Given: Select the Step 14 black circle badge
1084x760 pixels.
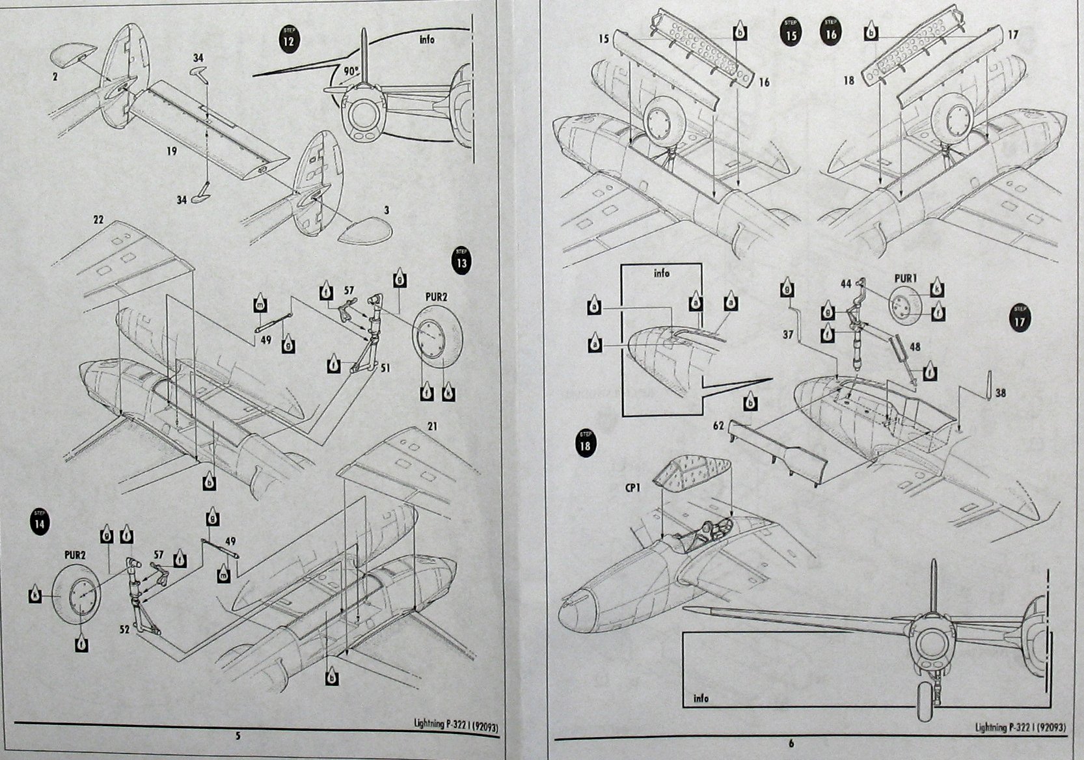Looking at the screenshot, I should click(41, 523).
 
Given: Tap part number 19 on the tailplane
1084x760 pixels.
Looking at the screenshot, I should click(171, 151).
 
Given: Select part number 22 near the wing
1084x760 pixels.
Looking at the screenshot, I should click(98, 220).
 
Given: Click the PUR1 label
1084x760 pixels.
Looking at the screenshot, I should click(905, 277).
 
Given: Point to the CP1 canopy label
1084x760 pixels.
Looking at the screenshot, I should click(632, 486).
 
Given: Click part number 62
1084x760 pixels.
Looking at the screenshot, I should click(718, 426).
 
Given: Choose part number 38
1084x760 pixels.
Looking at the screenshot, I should click(1001, 392).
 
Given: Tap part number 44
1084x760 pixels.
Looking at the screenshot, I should click(845, 284).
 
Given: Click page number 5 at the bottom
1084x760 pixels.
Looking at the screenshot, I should click(238, 736).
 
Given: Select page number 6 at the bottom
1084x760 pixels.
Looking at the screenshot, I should click(791, 743).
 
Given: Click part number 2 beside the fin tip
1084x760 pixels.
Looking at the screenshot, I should click(56, 76).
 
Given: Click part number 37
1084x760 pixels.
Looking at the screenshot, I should click(788, 334).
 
